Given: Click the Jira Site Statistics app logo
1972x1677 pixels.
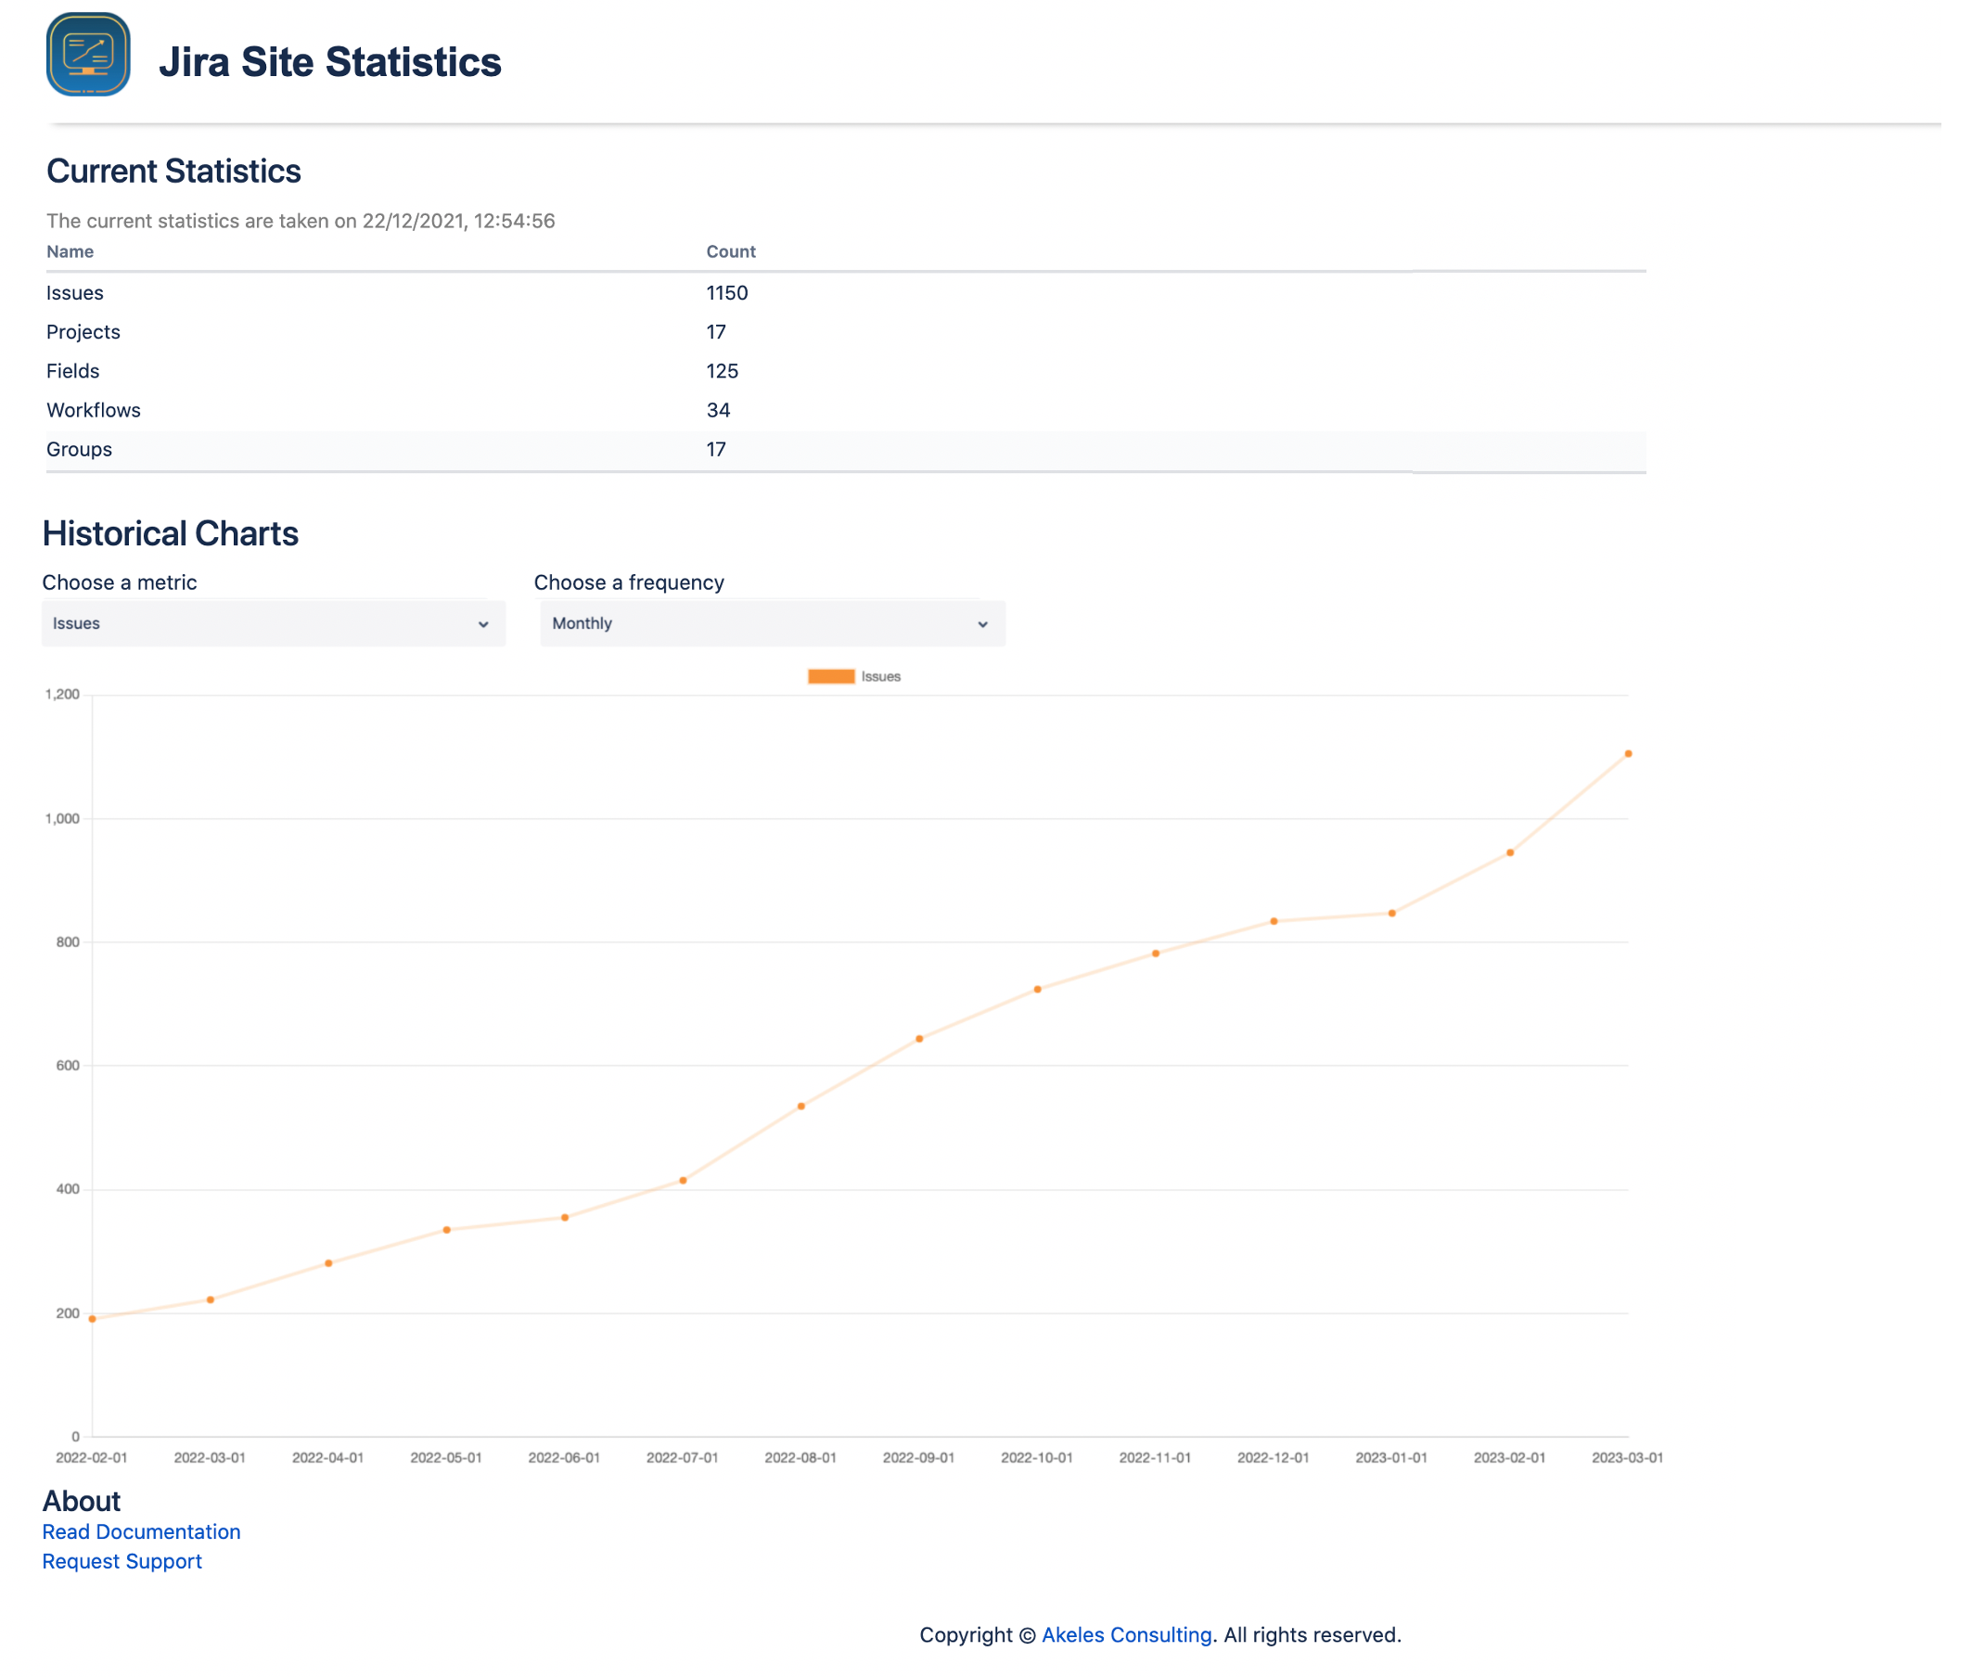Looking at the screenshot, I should click(87, 54).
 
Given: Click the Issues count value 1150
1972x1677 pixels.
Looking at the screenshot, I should click(726, 293).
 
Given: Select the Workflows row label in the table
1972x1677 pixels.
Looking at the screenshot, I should click(93, 410).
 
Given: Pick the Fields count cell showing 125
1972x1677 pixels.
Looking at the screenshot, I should click(722, 371).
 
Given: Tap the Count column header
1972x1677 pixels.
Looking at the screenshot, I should click(730, 252).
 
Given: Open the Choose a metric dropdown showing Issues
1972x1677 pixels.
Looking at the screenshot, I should click(273, 623).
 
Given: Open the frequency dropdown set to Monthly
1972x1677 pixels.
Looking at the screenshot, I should click(771, 623).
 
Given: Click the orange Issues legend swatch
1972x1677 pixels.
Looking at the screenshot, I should click(830, 677).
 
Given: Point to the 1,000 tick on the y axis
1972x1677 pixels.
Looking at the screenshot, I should click(63, 818).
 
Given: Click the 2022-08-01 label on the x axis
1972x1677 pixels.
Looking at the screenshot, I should click(800, 1457).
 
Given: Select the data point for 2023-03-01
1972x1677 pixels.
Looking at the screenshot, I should click(1628, 754).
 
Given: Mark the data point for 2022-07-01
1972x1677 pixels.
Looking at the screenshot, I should click(683, 1181).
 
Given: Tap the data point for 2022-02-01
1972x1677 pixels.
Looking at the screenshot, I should click(92, 1319).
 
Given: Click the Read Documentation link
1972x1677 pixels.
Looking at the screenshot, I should click(141, 1531).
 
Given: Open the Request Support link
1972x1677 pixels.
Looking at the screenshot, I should click(122, 1561).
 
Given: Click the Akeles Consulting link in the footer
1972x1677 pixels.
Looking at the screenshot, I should click(1126, 1635).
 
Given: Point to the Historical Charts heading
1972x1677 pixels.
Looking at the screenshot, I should click(170, 534).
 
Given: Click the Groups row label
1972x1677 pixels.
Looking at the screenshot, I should click(79, 449).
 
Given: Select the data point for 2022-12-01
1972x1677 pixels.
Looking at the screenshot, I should click(1274, 921).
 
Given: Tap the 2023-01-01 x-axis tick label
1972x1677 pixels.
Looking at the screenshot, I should click(1391, 1457).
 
